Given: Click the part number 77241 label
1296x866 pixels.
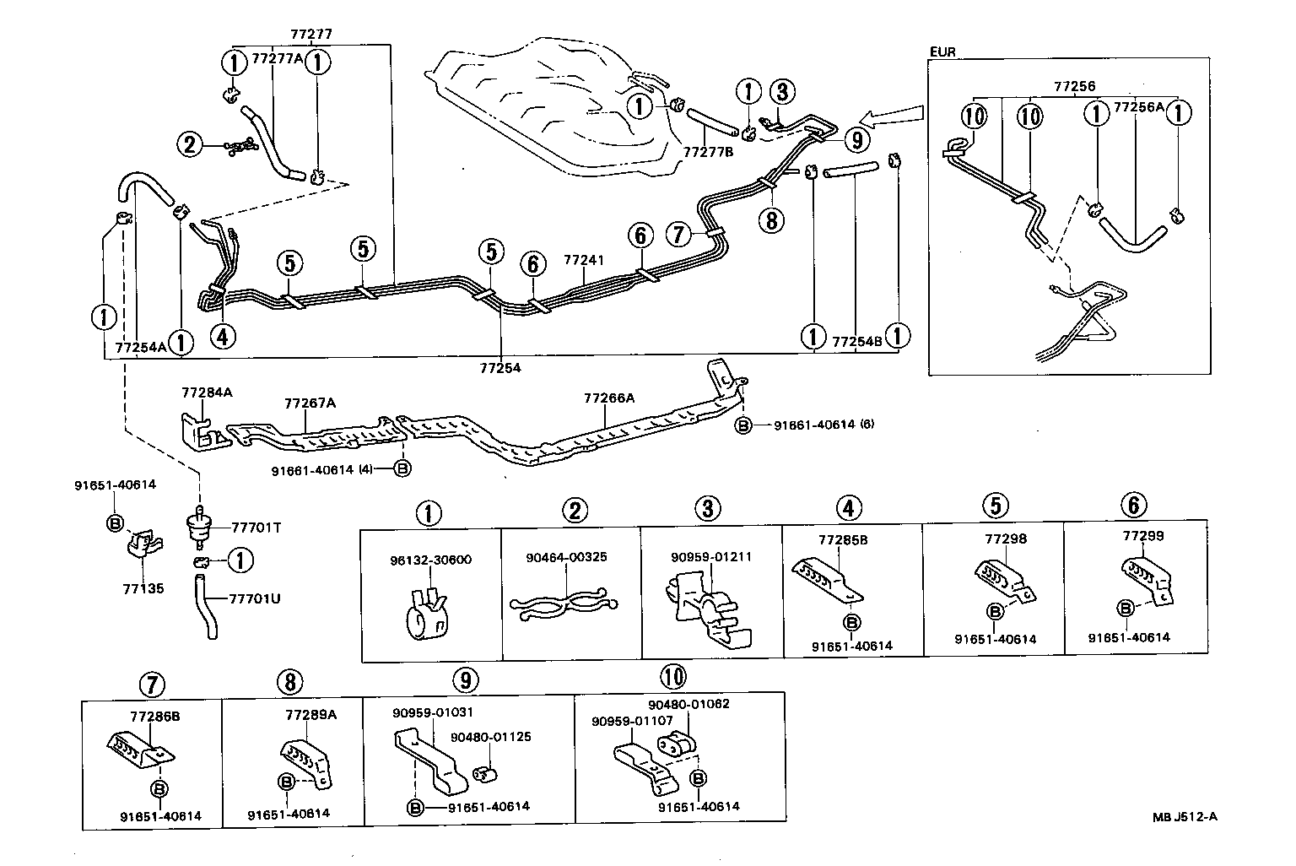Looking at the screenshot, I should point(584,261).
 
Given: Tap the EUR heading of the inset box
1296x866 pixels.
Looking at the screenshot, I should point(942,51).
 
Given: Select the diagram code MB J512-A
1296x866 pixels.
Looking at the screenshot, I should point(1185,816).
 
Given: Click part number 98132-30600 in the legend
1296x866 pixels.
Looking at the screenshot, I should point(430,560).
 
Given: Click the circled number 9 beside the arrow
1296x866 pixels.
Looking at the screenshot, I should point(856,138).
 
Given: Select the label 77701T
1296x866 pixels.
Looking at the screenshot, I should point(257,528).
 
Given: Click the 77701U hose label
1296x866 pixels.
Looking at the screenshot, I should point(255,599).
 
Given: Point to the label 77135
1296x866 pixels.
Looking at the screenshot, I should point(143,589).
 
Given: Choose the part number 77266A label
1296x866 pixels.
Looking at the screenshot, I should point(608,397).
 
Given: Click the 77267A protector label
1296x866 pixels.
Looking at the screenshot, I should point(310,403).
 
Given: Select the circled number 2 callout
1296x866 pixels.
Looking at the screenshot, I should point(190,145).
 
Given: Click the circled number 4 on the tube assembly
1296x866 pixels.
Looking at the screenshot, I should point(222,337).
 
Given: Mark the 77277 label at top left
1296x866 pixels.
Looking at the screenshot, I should point(311,35).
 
